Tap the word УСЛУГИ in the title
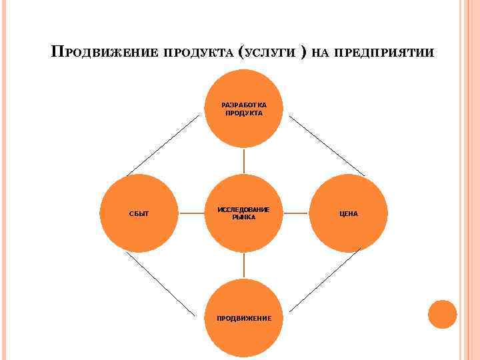(271, 53)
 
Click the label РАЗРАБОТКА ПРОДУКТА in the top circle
(244, 109)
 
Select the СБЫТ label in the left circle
(139, 214)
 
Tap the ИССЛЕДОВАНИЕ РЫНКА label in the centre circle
(244, 213)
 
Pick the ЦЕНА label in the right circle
(349, 214)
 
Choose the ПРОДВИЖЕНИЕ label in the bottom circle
(244, 318)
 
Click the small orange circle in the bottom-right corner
(442, 314)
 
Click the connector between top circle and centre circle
(244, 161)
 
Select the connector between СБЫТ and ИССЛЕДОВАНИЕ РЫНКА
(191, 213)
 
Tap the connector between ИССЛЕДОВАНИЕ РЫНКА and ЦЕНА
(296, 213)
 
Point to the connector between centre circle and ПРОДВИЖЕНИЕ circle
(244, 265)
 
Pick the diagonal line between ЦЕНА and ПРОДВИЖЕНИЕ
(327, 283)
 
